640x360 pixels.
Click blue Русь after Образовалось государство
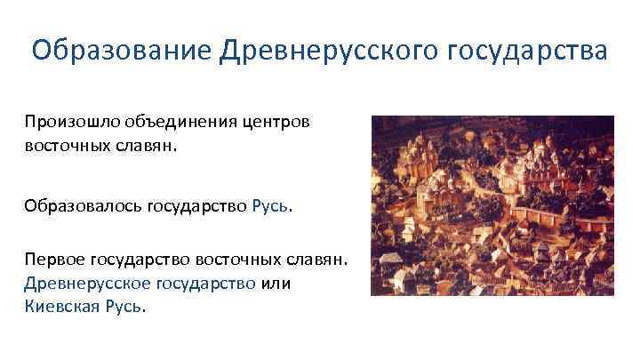pos(270,206)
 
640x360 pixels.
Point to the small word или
pos(277,284)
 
